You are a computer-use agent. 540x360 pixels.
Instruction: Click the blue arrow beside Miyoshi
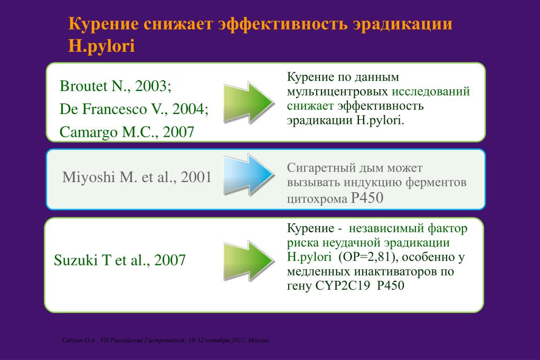249,175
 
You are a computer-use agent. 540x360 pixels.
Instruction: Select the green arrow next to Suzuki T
249,261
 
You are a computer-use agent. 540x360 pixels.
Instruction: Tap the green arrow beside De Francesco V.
249,102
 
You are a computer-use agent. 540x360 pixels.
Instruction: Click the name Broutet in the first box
84,86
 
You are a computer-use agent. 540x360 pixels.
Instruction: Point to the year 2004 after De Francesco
190,109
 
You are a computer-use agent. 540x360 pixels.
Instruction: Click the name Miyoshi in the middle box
89,177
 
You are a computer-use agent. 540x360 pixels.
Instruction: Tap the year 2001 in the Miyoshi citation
196,177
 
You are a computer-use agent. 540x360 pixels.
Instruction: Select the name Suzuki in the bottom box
76,260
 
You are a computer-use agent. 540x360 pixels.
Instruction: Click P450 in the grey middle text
367,198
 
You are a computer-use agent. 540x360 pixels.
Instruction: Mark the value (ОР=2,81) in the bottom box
368,257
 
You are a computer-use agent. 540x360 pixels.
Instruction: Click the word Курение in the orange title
103,24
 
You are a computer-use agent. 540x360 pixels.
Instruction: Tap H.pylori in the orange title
101,46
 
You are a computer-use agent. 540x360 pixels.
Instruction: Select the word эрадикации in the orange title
402,24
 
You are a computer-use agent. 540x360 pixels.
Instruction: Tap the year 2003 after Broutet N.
153,86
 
